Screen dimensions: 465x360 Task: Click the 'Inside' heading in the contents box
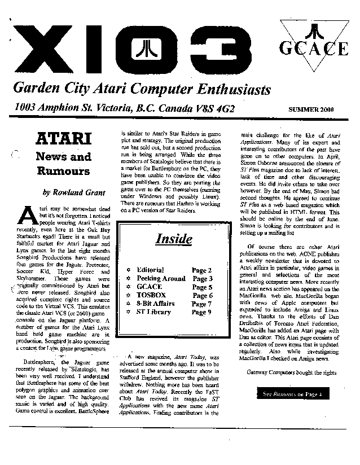[174, 239]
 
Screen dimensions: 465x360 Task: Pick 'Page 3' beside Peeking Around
[202, 278]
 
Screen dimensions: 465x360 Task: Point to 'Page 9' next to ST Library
[201, 312]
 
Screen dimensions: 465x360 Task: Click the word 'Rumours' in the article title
[63, 170]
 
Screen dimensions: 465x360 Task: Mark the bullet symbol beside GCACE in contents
[129, 287]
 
